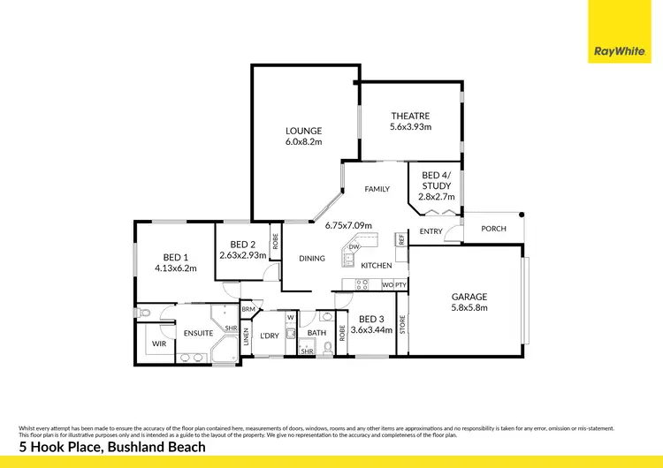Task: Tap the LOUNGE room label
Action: (303, 131)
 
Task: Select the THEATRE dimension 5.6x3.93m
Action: (410, 127)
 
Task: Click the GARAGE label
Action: (469, 297)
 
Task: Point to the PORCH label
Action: (493, 229)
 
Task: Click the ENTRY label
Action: (431, 232)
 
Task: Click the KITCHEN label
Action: (377, 265)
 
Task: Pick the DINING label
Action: (312, 259)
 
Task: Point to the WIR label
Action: (159, 343)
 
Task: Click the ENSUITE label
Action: (199, 334)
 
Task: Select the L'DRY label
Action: (270, 336)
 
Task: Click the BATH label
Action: (316, 334)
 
